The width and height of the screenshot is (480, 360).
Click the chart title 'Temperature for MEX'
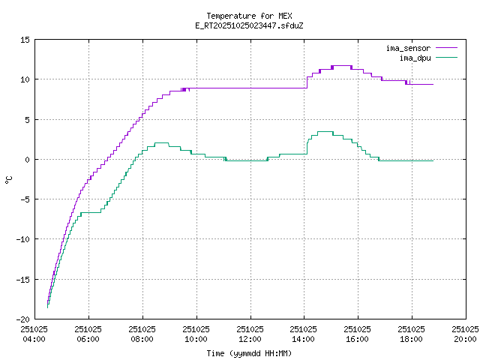(x=249, y=16)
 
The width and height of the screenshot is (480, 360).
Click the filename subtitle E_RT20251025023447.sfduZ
(x=249, y=25)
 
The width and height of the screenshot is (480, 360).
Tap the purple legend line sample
(x=446, y=48)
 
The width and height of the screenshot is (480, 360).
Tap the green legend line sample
(x=446, y=57)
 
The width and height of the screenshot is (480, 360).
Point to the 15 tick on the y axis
(x=25, y=40)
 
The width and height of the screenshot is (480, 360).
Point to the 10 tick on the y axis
(x=25, y=79)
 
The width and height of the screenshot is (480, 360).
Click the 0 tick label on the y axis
(x=27, y=159)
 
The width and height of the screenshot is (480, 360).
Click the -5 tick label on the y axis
(x=25, y=199)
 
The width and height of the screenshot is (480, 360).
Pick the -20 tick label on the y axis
(x=22, y=319)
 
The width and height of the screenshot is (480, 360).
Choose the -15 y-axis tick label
(x=22, y=279)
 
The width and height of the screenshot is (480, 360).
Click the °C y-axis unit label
(x=9, y=179)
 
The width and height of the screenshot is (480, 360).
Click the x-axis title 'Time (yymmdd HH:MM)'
(x=249, y=353)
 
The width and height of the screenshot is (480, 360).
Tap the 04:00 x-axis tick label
(x=34, y=334)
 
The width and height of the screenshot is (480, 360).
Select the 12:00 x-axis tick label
(x=250, y=334)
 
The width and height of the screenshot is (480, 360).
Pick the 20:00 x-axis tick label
(x=465, y=334)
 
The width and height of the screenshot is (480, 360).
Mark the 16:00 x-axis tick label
(x=357, y=334)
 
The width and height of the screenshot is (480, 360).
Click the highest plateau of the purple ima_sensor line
(x=341, y=66)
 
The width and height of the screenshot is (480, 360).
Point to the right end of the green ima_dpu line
(x=433, y=160)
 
